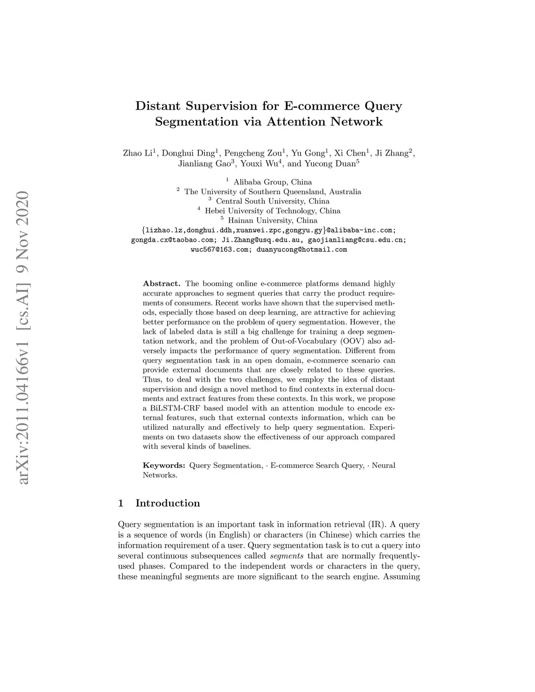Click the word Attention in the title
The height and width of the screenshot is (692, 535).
(x=297, y=122)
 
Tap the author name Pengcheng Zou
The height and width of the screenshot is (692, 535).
(x=253, y=153)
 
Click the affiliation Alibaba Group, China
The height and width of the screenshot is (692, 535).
(x=272, y=182)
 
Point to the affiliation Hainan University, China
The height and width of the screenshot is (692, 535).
(x=272, y=220)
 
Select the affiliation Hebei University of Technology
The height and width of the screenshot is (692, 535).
(x=260, y=211)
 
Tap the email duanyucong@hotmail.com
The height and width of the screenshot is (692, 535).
(x=301, y=250)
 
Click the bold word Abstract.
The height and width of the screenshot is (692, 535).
(x=161, y=284)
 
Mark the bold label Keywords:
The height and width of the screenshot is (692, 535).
(x=164, y=465)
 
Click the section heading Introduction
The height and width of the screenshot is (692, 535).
(x=167, y=503)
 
